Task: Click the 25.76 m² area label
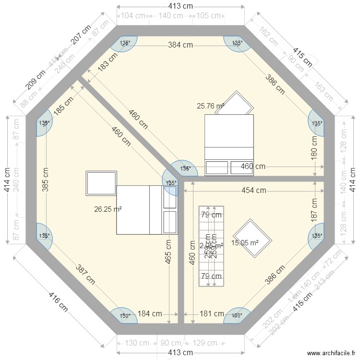pyautogui.click(x=210, y=106)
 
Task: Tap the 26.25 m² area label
pyautogui.click(x=108, y=209)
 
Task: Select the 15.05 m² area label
pyautogui.click(x=245, y=243)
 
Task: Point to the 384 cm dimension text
pyautogui.click(x=180, y=45)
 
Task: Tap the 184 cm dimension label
pyautogui.click(x=150, y=314)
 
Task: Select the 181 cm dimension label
pyautogui.click(x=212, y=314)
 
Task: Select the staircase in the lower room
pyautogui.click(x=211, y=246)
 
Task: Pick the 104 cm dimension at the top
pyautogui.click(x=133, y=15)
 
